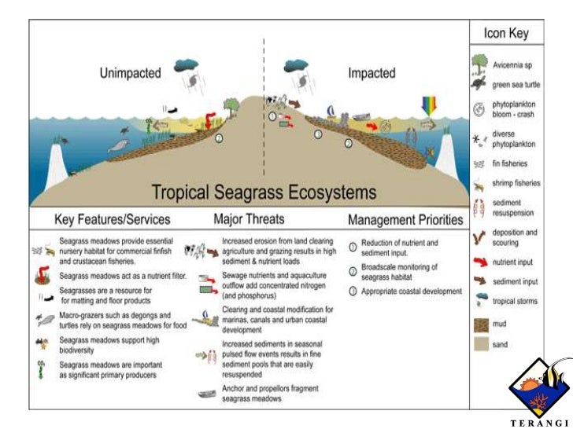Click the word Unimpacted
[130, 73]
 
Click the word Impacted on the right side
[372, 73]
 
